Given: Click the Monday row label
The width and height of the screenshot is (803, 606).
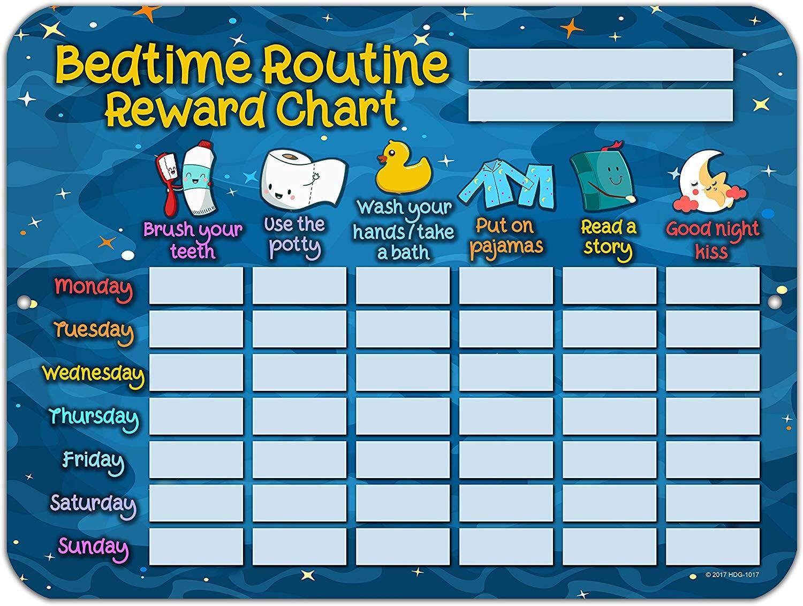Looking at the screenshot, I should point(93,287).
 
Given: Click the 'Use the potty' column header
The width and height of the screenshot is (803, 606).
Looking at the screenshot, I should point(295,236).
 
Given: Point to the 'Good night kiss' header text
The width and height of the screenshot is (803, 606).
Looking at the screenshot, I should point(712,240).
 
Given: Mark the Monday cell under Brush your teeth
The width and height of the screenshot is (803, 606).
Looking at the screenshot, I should point(196,286).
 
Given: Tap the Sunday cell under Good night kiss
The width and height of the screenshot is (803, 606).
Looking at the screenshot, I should point(713,547).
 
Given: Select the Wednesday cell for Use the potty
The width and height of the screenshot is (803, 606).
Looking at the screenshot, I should point(299,373).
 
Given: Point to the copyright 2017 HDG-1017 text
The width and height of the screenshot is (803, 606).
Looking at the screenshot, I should point(732,575).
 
